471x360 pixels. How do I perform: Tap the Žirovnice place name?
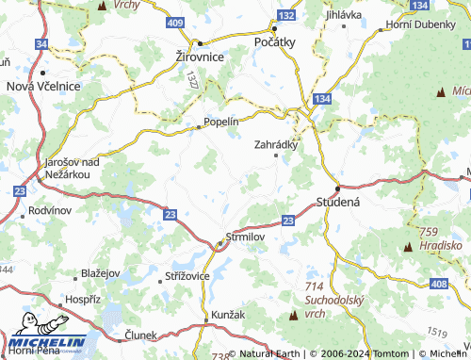click(x=200, y=57)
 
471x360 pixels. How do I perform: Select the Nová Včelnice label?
click(x=43, y=86)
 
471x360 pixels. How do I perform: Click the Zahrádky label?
click(x=276, y=145)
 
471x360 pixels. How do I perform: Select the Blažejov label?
click(x=101, y=272)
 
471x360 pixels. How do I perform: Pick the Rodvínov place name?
click(x=50, y=209)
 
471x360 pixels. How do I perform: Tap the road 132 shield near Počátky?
click(x=287, y=17)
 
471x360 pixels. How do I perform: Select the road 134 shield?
click(x=323, y=98)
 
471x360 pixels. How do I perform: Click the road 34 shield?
click(x=41, y=44)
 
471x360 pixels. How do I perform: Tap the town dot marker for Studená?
click(x=337, y=188)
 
